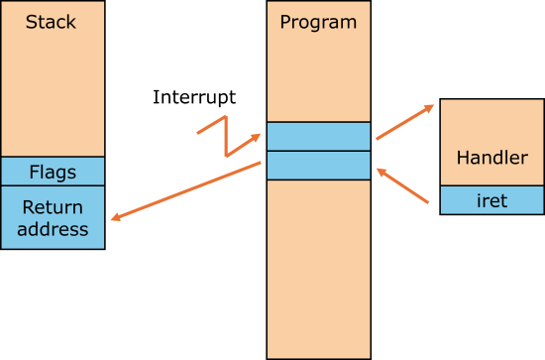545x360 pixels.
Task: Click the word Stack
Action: pyautogui.click(x=52, y=22)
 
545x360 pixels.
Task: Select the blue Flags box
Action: pyautogui.click(x=53, y=172)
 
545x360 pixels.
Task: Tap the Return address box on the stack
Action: pyautogui.click(x=53, y=217)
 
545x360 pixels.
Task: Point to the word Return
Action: pyautogui.click(x=53, y=207)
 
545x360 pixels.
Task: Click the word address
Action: pyautogui.click(x=53, y=229)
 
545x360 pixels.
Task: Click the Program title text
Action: pyautogui.click(x=318, y=22)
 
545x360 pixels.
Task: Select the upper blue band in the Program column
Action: pyautogui.click(x=318, y=136)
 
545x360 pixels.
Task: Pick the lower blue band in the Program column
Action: pyautogui.click(x=318, y=165)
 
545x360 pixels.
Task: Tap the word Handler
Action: pyautogui.click(x=491, y=158)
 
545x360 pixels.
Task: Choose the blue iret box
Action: pyautogui.click(x=491, y=200)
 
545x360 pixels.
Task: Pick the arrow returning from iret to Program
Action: pyautogui.click(x=403, y=186)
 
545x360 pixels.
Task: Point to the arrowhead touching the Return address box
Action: pyautogui.click(x=115, y=217)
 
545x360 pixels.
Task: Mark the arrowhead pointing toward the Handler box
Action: pyautogui.click(x=428, y=107)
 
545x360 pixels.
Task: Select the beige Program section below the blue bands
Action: pyautogui.click(x=318, y=268)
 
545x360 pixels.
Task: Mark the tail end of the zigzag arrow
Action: pyautogui.click(x=198, y=131)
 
